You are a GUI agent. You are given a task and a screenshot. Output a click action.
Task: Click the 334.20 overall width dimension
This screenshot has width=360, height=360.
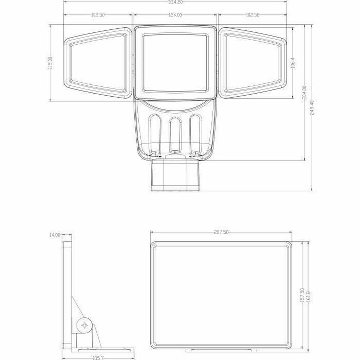pos(175,2)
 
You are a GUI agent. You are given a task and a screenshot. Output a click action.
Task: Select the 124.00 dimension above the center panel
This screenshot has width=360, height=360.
pos(175,15)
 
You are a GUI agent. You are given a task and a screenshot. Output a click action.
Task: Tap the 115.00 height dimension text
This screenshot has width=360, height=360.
pos(51,63)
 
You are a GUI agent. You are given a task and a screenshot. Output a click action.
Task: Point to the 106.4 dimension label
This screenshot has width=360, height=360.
pos(294,63)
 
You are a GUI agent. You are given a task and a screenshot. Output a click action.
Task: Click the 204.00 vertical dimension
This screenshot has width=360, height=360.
pos(305,93)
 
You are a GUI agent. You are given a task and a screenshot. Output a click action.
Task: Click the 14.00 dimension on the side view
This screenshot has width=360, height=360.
pos(55,235)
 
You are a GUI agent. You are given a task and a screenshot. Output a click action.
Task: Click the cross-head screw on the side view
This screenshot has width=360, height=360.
pos(85,325)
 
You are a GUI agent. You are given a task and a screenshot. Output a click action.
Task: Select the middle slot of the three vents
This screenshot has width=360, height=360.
pos(175,134)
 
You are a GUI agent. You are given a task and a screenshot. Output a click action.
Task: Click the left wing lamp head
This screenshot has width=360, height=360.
pos(97,63)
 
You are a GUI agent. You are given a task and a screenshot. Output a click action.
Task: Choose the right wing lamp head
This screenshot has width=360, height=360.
pos(253,63)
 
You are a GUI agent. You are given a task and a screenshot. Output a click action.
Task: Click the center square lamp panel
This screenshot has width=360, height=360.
pos(175,63)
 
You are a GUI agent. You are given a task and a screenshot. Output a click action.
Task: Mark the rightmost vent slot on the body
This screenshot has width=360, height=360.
pos(196,134)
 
